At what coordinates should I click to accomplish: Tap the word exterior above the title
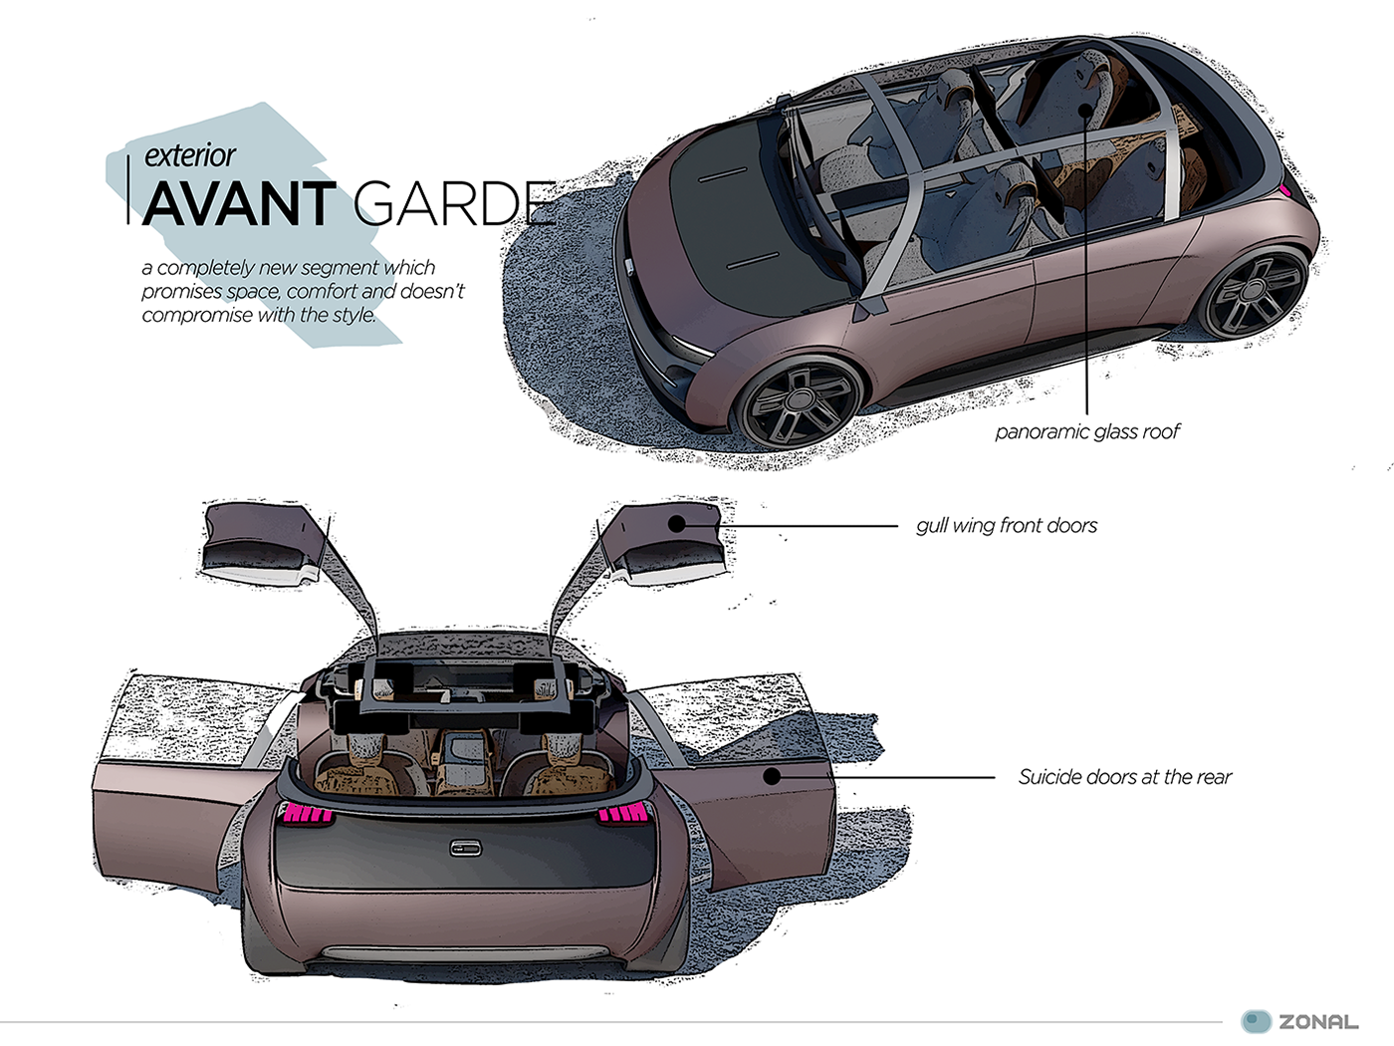tap(189, 155)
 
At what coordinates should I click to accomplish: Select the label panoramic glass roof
tap(1087, 431)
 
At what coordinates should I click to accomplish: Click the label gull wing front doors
tap(1007, 525)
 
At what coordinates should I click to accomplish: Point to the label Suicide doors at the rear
tap(1124, 777)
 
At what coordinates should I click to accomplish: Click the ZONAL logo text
tap(1318, 1022)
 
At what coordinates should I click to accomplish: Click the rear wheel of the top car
tap(1255, 293)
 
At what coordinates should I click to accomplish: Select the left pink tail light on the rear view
tap(309, 814)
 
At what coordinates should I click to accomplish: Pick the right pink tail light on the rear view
tap(623, 814)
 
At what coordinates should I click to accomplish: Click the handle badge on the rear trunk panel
tap(465, 848)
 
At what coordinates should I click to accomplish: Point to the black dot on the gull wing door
tap(677, 523)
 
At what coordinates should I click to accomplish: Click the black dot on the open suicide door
tap(773, 777)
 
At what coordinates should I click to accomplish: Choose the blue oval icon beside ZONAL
tap(1257, 1021)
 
